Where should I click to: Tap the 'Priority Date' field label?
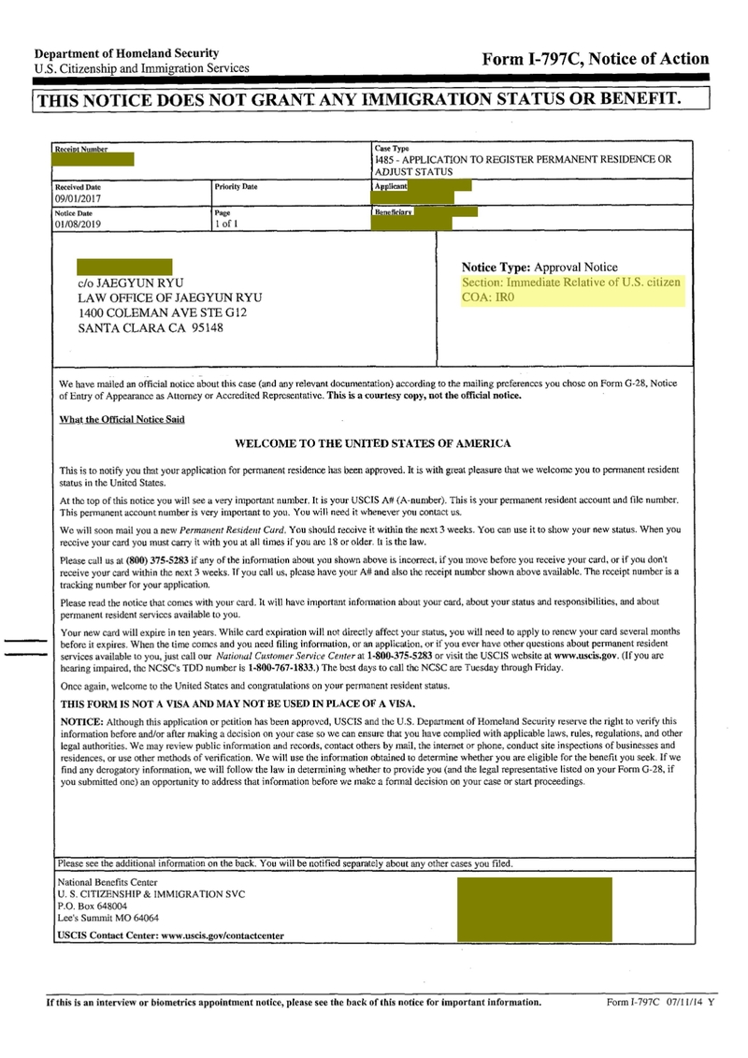(236, 187)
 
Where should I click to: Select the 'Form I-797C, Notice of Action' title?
(595, 59)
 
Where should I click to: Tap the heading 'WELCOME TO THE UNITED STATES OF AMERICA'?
(372, 443)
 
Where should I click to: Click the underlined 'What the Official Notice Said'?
(122, 419)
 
